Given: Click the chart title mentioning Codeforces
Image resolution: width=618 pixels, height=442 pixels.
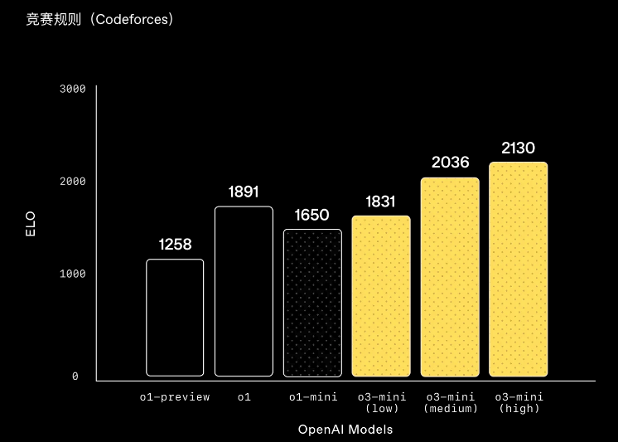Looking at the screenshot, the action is pyautogui.click(x=99, y=19).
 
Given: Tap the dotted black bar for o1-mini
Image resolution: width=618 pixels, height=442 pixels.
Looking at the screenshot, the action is pyautogui.click(x=312, y=303).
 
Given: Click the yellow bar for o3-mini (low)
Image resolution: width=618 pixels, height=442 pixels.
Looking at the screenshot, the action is pyautogui.click(x=381, y=296).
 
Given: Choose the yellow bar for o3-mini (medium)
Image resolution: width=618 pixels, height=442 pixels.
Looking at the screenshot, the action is pyautogui.click(x=450, y=277).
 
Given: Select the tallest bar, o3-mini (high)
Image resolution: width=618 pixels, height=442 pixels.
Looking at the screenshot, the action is pyautogui.click(x=519, y=270).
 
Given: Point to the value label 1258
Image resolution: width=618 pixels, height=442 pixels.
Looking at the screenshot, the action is pyautogui.click(x=175, y=245).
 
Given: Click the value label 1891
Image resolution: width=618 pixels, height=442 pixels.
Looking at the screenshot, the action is pyautogui.click(x=244, y=192).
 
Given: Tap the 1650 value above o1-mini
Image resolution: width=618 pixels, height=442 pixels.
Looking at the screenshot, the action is pyautogui.click(x=311, y=215).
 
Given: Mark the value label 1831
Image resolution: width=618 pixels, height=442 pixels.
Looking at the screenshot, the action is pyautogui.click(x=380, y=202).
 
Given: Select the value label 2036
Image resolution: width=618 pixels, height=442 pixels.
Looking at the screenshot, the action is pyautogui.click(x=450, y=163).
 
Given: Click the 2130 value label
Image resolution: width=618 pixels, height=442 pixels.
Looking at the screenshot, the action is pyautogui.click(x=519, y=148).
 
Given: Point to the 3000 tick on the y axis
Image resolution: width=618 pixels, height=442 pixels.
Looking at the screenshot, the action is pyautogui.click(x=73, y=89).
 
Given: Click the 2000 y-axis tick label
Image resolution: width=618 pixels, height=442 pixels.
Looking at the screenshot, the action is pyautogui.click(x=73, y=181).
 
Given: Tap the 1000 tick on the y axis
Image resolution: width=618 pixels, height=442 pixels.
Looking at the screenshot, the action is pyautogui.click(x=73, y=274).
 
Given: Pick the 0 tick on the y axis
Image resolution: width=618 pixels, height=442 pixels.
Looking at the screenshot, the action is pyautogui.click(x=75, y=376).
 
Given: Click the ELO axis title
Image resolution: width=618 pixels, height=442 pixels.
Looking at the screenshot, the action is pyautogui.click(x=31, y=224).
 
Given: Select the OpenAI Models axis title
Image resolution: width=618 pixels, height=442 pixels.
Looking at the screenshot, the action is pyautogui.click(x=345, y=430).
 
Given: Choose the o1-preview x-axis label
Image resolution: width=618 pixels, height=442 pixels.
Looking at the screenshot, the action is pyautogui.click(x=175, y=397).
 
